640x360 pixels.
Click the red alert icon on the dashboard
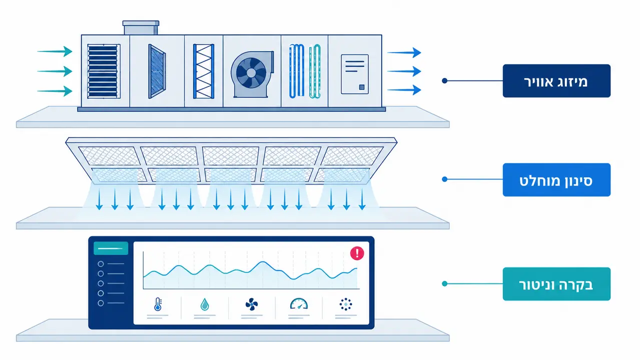pos(357,253)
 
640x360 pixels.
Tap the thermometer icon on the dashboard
pos(158,304)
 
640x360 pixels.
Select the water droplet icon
pos(205,304)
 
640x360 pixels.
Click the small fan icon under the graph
pos(251,304)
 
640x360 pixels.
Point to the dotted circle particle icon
pos(346,304)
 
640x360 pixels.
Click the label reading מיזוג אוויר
pos(556,82)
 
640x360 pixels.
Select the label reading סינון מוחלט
pos(556,181)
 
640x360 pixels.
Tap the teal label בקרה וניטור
pos(556,285)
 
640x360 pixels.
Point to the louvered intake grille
pos(104,71)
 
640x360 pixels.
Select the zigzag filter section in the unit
pos(204,71)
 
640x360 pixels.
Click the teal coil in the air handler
pos(315,71)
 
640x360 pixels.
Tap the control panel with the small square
pos(355,74)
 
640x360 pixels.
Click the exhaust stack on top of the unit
pos(141,27)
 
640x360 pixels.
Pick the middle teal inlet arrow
pos(55,71)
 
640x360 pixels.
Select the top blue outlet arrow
pos(404,52)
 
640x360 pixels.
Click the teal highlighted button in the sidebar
pos(111,248)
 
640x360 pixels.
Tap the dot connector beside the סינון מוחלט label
pos(444,179)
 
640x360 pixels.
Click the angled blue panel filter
pos(157,71)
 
